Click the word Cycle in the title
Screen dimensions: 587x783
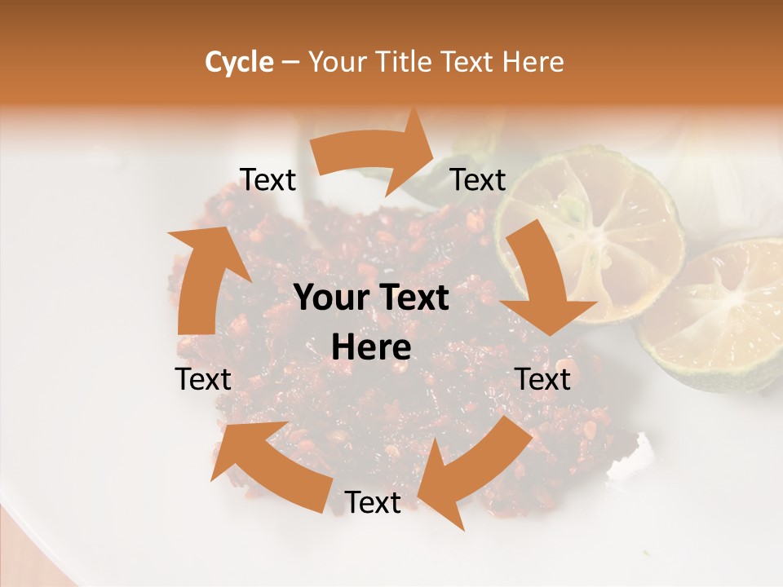pyautogui.click(x=239, y=62)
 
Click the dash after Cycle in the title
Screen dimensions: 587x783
pyautogui.click(x=290, y=62)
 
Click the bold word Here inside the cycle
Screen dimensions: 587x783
pyautogui.click(x=371, y=348)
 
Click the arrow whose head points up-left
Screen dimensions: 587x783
pyautogui.click(x=269, y=465)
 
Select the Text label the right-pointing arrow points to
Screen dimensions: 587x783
pyautogui.click(x=478, y=180)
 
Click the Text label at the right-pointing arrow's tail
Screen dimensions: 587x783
pyautogui.click(x=268, y=180)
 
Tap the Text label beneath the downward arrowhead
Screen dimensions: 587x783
pyautogui.click(x=543, y=379)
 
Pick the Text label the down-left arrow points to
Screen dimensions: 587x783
pyautogui.click(x=373, y=503)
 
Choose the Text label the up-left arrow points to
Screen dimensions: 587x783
pyautogui.click(x=203, y=379)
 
